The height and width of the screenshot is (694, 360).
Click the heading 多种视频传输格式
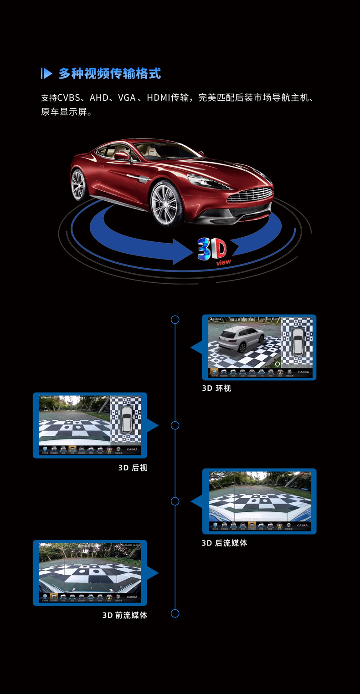(x=109, y=73)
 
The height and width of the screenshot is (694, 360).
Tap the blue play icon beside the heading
(x=46, y=73)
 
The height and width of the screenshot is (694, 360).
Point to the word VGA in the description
(x=126, y=97)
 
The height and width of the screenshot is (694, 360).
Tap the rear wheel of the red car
(x=79, y=184)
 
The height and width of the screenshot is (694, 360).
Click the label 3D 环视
(x=216, y=388)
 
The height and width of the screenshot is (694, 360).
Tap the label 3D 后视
(x=133, y=468)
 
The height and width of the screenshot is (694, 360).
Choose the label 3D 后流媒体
(x=224, y=543)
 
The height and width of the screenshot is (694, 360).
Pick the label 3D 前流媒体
(x=124, y=615)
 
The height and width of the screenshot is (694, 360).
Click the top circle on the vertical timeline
(x=175, y=320)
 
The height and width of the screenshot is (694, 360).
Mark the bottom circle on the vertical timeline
(x=175, y=613)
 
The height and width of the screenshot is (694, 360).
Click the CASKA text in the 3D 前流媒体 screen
(x=132, y=597)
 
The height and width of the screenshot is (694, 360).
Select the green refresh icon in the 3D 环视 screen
(x=277, y=364)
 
